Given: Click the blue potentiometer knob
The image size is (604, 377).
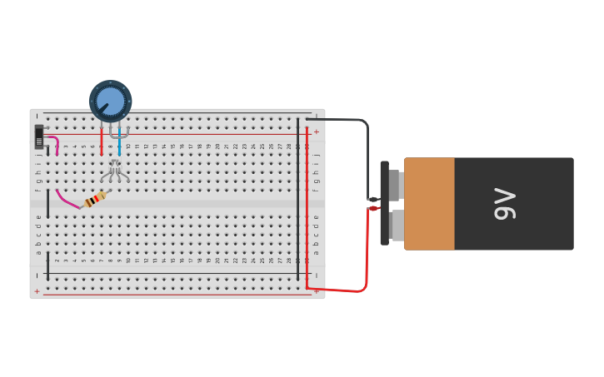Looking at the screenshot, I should pyautogui.click(x=110, y=101).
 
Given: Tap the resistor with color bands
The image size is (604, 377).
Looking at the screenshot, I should pyautogui.click(x=95, y=199).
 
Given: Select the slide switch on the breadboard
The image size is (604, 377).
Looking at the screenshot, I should pyautogui.click(x=39, y=137).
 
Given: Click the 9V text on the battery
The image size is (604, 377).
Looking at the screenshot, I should pyautogui.click(x=505, y=204).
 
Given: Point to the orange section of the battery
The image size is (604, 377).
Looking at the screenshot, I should pyautogui.click(x=429, y=204).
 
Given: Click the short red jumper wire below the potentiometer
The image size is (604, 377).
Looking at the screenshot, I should pyautogui.click(x=102, y=141).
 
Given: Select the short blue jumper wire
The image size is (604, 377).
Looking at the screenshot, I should pyautogui.click(x=119, y=142).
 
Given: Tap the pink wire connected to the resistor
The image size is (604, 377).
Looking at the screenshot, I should pyautogui.click(x=67, y=200).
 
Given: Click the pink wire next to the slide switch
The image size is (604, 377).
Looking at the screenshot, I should pyautogui.click(x=53, y=141).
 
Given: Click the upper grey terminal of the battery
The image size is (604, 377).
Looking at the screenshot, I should pyautogui.click(x=396, y=185).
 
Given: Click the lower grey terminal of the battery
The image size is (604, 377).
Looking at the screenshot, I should pyautogui.click(x=397, y=226).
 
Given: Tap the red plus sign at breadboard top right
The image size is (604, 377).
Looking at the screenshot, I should pyautogui.click(x=316, y=131).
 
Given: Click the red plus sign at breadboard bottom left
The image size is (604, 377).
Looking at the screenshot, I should pyautogui.click(x=37, y=291).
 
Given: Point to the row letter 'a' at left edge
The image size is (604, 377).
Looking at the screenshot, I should pyautogui.click(x=38, y=252).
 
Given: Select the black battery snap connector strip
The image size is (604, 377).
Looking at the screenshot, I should pyautogui.click(x=384, y=204).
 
